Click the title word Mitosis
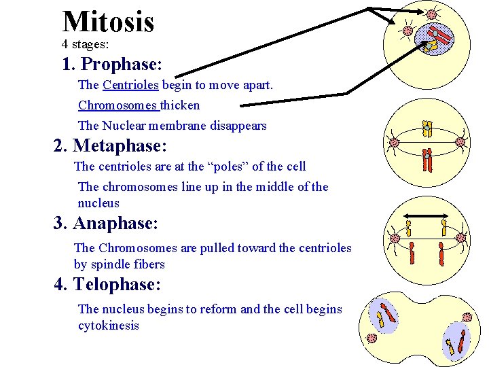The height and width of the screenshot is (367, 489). pos(108,22)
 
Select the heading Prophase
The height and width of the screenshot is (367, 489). pos(120,65)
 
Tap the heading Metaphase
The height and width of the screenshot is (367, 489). pos(120,145)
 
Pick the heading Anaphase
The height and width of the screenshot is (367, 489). pos(115,223)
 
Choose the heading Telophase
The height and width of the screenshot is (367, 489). pos(117,284)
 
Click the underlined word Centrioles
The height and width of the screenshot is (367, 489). pos(130,85)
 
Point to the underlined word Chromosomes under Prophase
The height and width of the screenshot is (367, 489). pos(117,105)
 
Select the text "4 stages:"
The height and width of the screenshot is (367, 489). pos(86,44)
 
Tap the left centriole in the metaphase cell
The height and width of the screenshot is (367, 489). pos(393,143)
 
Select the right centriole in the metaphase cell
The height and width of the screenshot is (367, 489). pos(460,142)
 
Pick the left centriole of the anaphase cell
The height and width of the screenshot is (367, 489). pos(393,238)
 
